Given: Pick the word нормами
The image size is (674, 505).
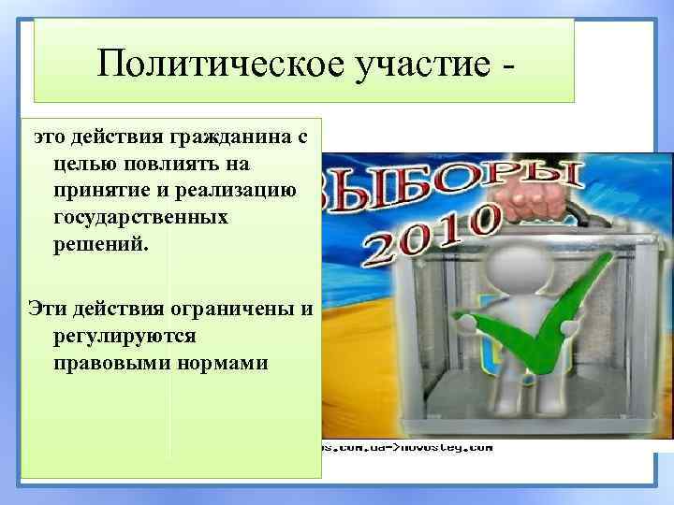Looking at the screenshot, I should (x=222, y=361).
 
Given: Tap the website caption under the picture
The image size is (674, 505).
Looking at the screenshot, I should (x=407, y=446).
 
